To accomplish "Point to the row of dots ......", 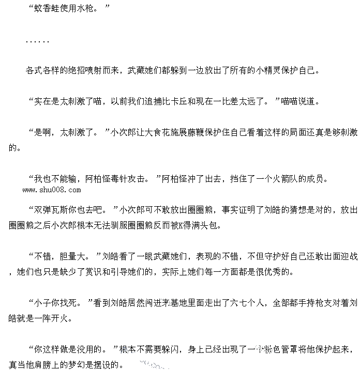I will point(37,41).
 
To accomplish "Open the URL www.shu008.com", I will point(52,190).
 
